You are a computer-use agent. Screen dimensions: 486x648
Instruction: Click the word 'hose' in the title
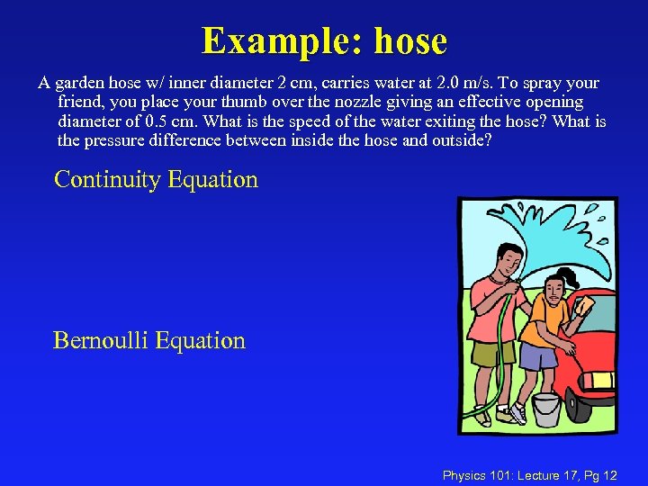click(x=409, y=41)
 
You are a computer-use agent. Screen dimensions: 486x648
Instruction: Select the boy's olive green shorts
click(x=492, y=354)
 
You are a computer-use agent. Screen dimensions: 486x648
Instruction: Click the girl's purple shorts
click(x=537, y=356)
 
